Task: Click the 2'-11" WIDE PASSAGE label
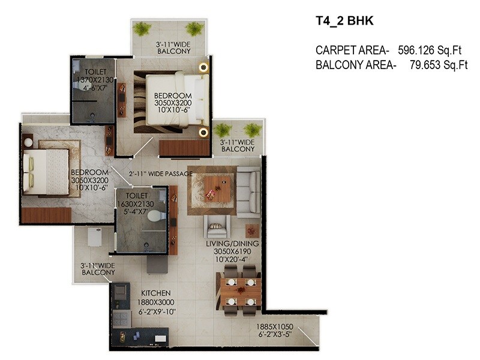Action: pyautogui.click(x=161, y=174)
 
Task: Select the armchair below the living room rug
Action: pyautogui.click(x=216, y=227)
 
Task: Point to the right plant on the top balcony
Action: pyautogui.click(x=194, y=28)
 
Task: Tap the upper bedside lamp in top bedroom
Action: pyautogui.click(x=203, y=68)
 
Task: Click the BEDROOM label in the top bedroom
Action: pyautogui.click(x=173, y=95)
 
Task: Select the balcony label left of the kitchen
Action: pyautogui.click(x=98, y=269)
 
